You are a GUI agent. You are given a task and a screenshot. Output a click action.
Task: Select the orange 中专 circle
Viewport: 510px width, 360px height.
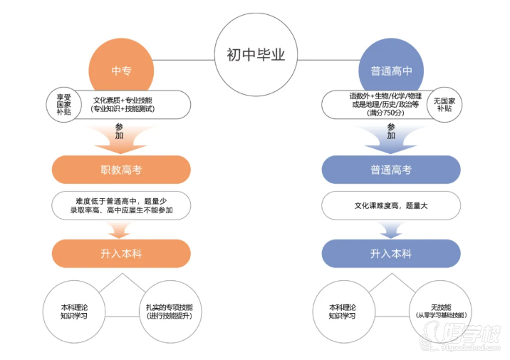pyautogui.click(x=121, y=71)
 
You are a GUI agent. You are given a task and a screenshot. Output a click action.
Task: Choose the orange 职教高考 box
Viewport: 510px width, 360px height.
pyautogui.click(x=121, y=170)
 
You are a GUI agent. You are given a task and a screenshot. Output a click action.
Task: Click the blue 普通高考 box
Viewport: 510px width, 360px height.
pyautogui.click(x=390, y=170)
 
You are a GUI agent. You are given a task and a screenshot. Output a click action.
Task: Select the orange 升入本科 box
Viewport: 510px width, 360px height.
pyautogui.click(x=121, y=254)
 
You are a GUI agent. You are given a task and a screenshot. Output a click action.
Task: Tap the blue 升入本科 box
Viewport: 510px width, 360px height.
pyautogui.click(x=390, y=254)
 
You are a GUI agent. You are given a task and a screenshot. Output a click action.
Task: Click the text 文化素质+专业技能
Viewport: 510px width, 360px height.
pyautogui.click(x=127, y=98)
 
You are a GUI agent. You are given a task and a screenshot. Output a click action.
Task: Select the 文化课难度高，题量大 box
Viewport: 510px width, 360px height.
pyautogui.click(x=390, y=205)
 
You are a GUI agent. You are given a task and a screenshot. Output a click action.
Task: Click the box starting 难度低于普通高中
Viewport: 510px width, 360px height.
pyautogui.click(x=121, y=205)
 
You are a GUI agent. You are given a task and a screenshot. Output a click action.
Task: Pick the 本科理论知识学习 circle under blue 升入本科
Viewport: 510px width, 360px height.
pyautogui.click(x=343, y=311)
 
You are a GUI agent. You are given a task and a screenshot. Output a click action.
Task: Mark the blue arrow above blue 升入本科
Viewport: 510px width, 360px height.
pyautogui.click(x=390, y=230)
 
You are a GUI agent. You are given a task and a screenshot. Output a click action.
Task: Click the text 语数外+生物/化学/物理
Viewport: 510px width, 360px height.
pyautogui.click(x=385, y=95)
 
